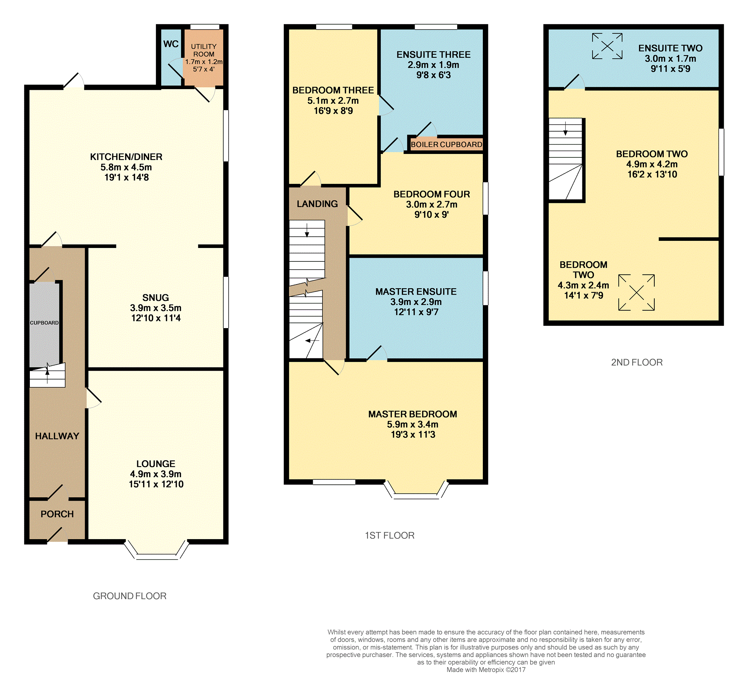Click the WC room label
click(x=171, y=44)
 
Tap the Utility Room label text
click(x=204, y=50)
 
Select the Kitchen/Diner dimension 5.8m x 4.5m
click(x=126, y=167)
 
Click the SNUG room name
click(x=155, y=298)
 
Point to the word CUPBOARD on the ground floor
click(x=44, y=323)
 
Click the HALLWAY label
click(x=57, y=436)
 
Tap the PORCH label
click(x=57, y=514)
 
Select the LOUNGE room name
click(x=155, y=463)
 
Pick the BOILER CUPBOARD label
click(x=446, y=144)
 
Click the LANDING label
click(x=317, y=204)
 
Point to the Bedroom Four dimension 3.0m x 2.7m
click(x=432, y=204)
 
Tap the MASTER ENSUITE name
click(x=416, y=292)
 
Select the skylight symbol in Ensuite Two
click(x=607, y=46)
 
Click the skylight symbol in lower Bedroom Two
click(x=636, y=293)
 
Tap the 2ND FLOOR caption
click(x=637, y=362)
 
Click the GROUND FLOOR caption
click(x=130, y=596)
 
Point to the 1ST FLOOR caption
click(x=390, y=535)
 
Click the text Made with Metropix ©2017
click(x=486, y=670)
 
